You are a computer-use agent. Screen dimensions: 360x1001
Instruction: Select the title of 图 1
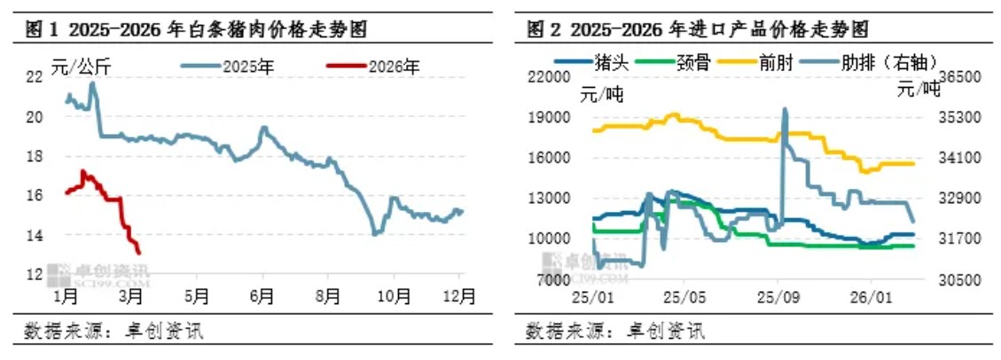[x=195, y=30]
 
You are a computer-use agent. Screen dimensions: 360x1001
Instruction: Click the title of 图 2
[x=697, y=30]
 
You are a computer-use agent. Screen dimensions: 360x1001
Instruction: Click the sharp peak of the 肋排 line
[x=784, y=110]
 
